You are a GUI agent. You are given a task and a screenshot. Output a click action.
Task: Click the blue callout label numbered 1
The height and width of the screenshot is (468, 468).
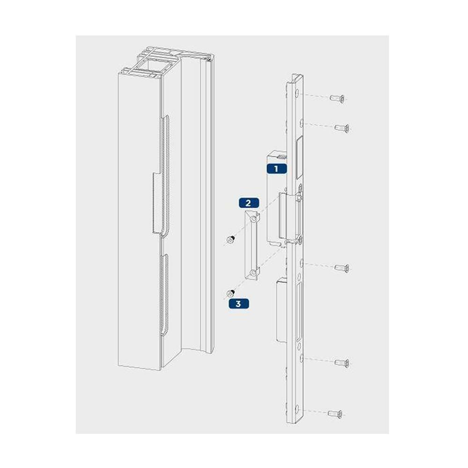click(277, 168)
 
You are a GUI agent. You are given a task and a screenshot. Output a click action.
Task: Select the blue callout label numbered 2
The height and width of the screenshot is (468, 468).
click(249, 203)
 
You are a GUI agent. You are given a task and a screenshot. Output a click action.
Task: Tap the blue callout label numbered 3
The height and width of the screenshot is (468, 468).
click(239, 304)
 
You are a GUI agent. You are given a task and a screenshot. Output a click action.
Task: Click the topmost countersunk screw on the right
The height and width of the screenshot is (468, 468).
click(337, 98)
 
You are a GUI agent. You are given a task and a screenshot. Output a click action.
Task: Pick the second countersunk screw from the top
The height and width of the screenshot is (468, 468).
click(342, 128)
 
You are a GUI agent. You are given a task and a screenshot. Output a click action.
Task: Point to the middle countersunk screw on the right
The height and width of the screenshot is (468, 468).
click(342, 267)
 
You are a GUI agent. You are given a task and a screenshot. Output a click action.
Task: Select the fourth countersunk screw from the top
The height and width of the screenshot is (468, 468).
click(342, 363)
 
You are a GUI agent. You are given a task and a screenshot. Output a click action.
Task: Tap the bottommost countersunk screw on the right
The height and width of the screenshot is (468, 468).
click(335, 414)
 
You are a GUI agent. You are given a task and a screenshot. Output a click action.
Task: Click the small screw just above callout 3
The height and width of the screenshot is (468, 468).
click(230, 293)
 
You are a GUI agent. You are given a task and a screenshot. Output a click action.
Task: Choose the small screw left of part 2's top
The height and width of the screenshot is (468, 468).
click(230, 239)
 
